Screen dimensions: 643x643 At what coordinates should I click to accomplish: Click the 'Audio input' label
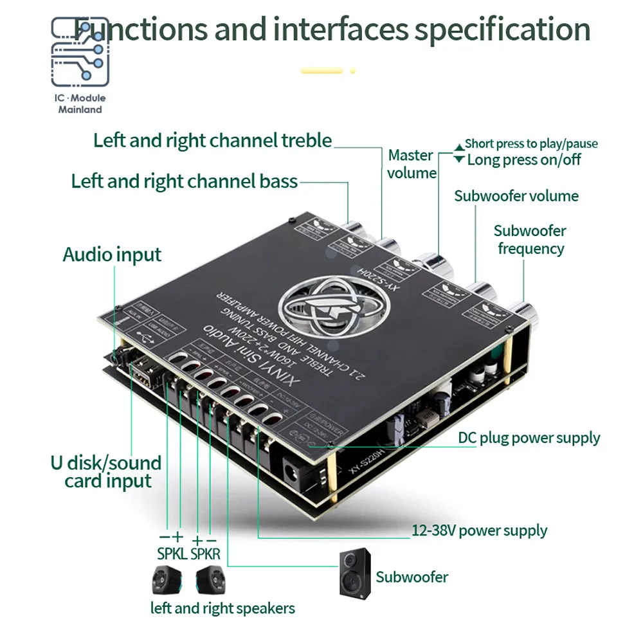(112, 255)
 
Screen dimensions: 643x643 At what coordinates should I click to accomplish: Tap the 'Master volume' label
(412, 164)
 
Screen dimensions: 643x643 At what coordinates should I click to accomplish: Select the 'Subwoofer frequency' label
(530, 239)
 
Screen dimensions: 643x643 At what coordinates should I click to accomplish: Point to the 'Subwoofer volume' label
(516, 196)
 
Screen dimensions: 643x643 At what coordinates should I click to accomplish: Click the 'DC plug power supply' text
(529, 439)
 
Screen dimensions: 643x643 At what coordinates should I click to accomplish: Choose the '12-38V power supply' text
(479, 530)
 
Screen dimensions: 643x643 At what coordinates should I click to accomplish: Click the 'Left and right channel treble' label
(212, 140)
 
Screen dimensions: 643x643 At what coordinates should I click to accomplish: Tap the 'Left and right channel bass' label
(185, 181)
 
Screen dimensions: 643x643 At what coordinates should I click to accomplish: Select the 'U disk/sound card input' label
(105, 471)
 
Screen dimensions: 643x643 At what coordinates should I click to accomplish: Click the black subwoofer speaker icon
(356, 572)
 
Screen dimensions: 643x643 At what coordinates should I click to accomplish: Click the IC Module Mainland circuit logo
(80, 52)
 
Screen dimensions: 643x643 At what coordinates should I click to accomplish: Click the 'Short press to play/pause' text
(531, 143)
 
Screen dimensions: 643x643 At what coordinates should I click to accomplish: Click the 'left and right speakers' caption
(222, 608)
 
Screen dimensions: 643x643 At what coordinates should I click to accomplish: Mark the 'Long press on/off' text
(523, 159)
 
